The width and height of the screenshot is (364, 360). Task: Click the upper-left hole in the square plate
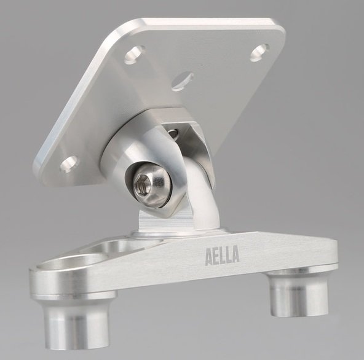[x=134, y=54]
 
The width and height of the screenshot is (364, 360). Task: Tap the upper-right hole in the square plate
[x=259, y=52]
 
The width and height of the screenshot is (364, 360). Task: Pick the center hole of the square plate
[x=183, y=81]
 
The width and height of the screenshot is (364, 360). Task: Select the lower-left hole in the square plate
[x=69, y=164]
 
